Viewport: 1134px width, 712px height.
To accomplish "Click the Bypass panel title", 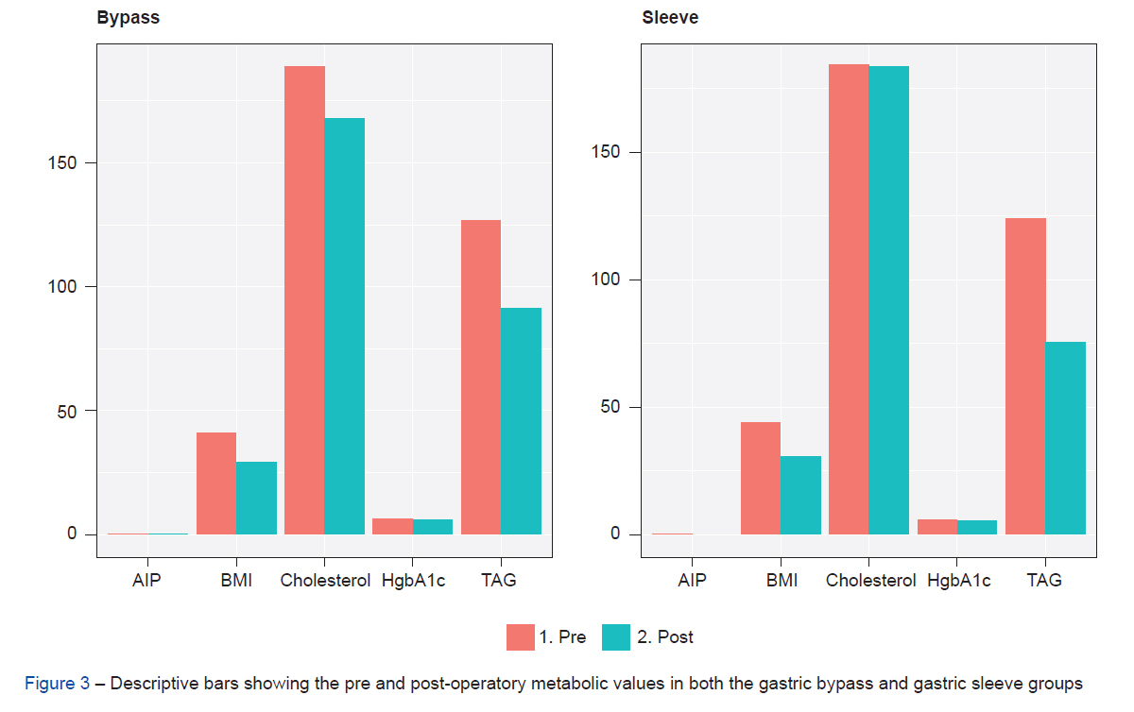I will pyautogui.click(x=128, y=18).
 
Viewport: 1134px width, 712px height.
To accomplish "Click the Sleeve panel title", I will pyautogui.click(x=670, y=18).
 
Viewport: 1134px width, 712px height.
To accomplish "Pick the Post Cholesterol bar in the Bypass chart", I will pyautogui.click(x=345, y=326).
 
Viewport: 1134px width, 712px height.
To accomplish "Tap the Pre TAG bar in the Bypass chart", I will pyautogui.click(x=480, y=377).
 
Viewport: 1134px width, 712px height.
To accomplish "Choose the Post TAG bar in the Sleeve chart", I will pyautogui.click(x=1066, y=438).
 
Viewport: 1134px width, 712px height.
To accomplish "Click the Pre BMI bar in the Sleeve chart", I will pyautogui.click(x=760, y=478).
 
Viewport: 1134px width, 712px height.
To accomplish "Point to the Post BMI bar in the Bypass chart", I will pyautogui.click(x=256, y=498).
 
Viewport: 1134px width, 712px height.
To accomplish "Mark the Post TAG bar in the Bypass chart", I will pyautogui.click(x=521, y=421).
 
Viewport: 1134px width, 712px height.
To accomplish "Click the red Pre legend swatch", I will pyautogui.click(x=521, y=637).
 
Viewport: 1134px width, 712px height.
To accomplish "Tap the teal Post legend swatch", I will pyautogui.click(x=615, y=637).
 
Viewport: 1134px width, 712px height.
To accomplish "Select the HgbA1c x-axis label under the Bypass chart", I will pyautogui.click(x=412, y=580).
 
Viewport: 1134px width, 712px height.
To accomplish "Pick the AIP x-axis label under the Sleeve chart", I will pyautogui.click(x=692, y=580).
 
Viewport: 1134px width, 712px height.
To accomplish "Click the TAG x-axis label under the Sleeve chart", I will pyautogui.click(x=1044, y=580).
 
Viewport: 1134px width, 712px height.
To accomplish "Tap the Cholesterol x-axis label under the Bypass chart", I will pyautogui.click(x=325, y=580).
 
